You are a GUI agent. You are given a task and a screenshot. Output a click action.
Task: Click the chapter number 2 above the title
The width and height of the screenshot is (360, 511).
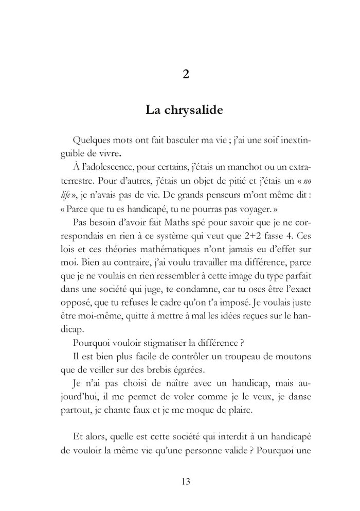pyautogui.click(x=186, y=74)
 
